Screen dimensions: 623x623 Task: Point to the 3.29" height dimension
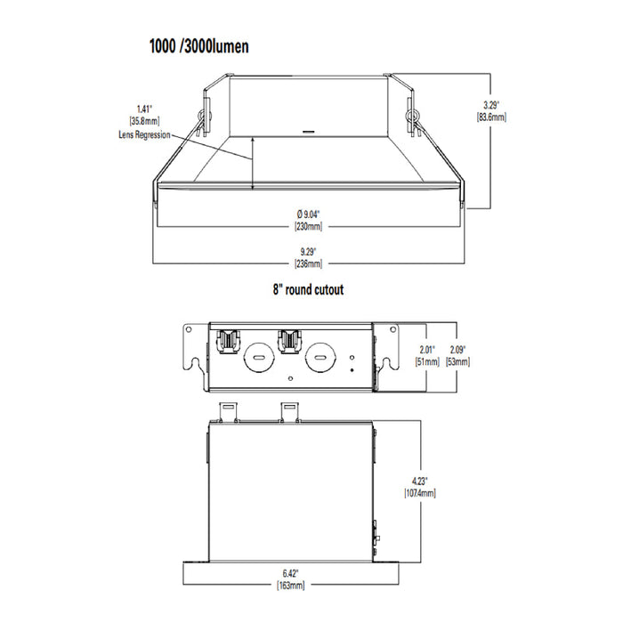pyautogui.click(x=490, y=104)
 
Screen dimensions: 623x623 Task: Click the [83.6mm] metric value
pyautogui.click(x=491, y=117)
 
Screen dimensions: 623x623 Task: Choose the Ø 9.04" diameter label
pyautogui.click(x=308, y=214)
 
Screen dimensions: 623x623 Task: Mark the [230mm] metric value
pyautogui.click(x=308, y=226)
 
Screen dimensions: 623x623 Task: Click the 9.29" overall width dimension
pyautogui.click(x=308, y=252)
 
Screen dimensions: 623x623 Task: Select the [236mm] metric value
pyautogui.click(x=308, y=263)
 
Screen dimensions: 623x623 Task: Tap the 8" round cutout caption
pyautogui.click(x=308, y=289)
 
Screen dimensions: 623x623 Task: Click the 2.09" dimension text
pyautogui.click(x=459, y=349)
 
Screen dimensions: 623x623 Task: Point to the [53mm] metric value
pyautogui.click(x=459, y=361)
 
